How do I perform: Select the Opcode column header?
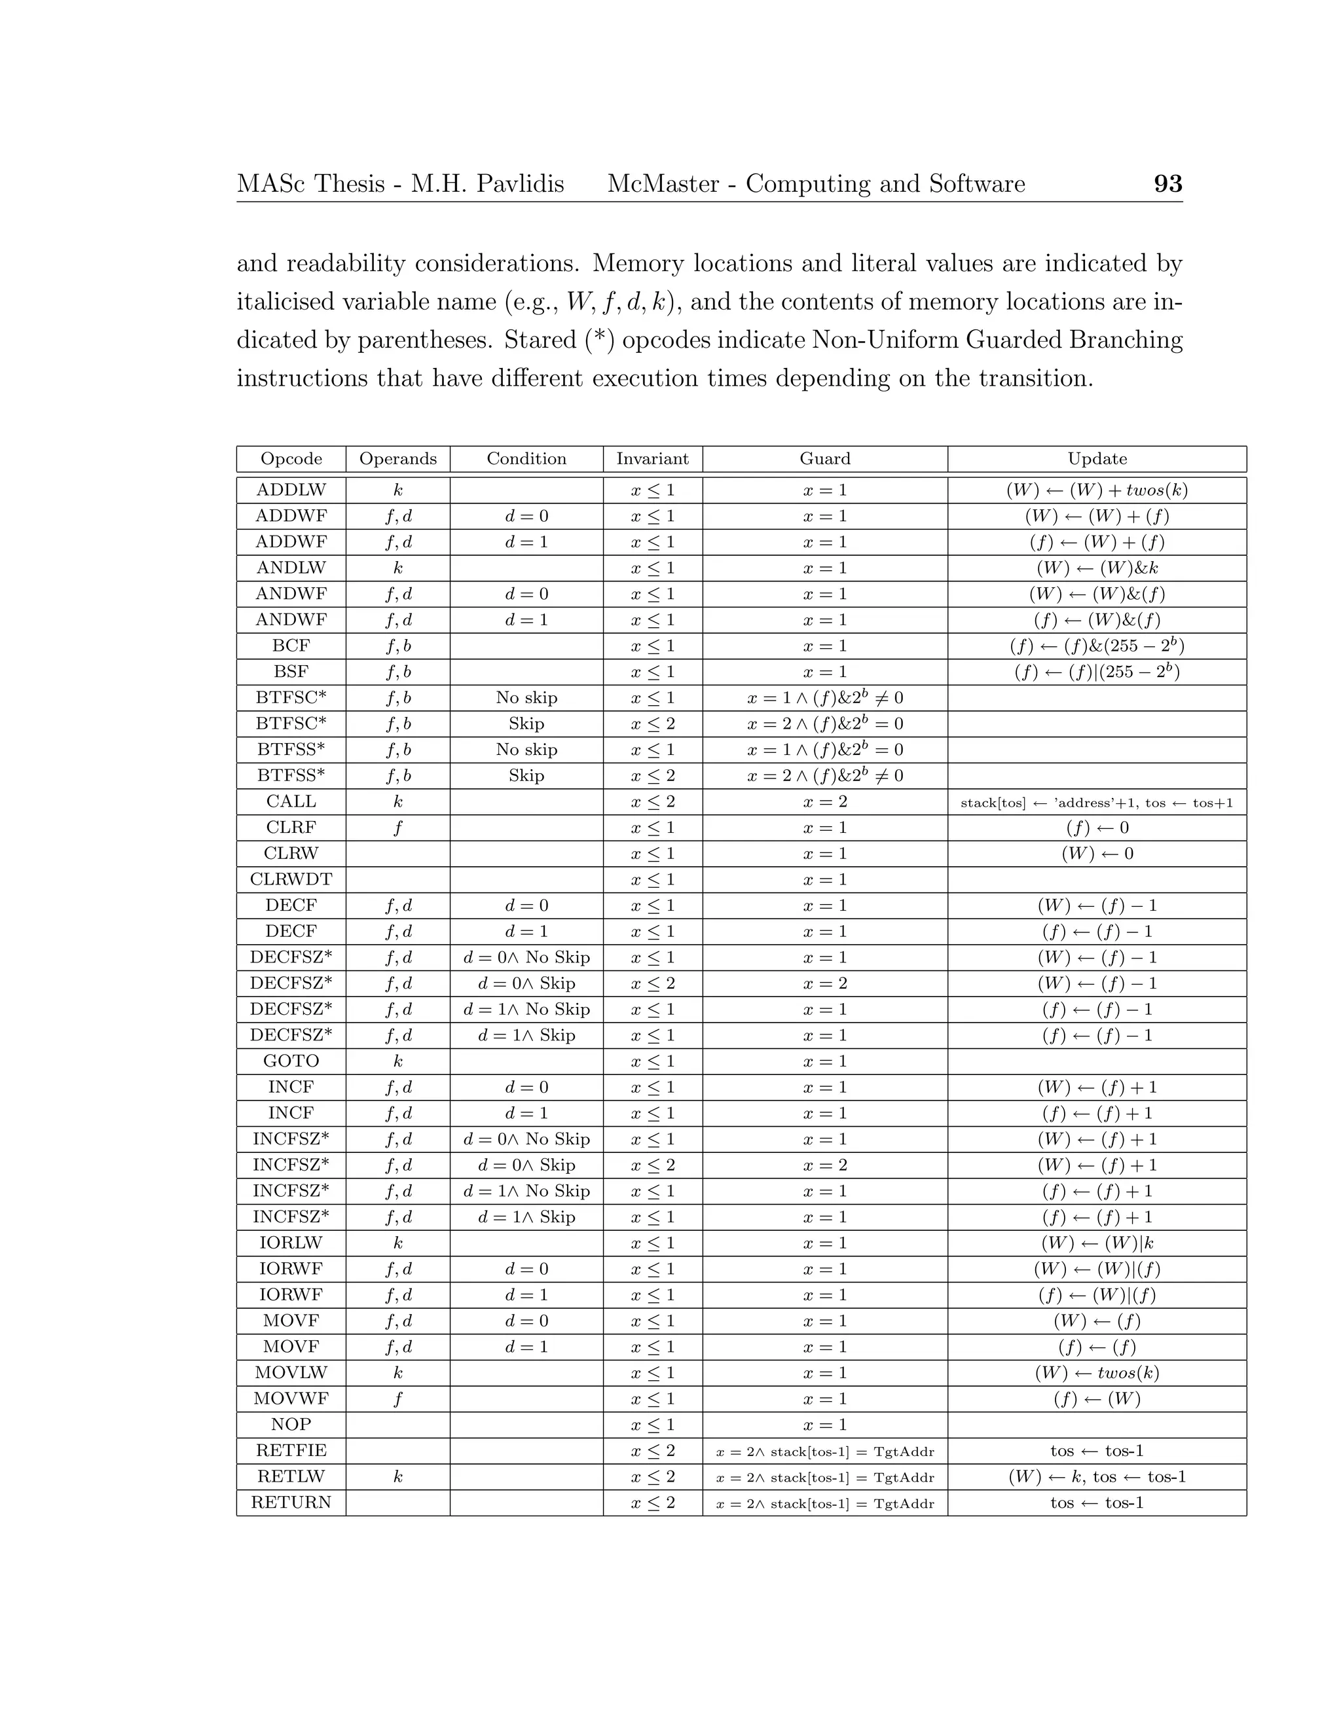[291, 459]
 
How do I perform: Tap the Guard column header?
[824, 459]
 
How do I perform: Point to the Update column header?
[1096, 459]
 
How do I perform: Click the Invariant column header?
[652, 459]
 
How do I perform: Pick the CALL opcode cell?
[291, 801]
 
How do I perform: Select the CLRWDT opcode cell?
[291, 879]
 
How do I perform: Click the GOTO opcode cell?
[291, 1061]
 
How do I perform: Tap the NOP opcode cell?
[291, 1425]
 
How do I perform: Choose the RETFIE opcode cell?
[291, 1451]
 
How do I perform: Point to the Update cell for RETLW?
[1096, 1477]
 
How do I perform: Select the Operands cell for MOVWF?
[398, 1399]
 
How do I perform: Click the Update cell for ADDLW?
[1096, 490]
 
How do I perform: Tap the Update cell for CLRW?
[1096, 854]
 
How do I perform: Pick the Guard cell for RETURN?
[824, 1503]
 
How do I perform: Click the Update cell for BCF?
[1096, 646]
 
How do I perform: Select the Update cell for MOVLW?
[1096, 1373]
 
